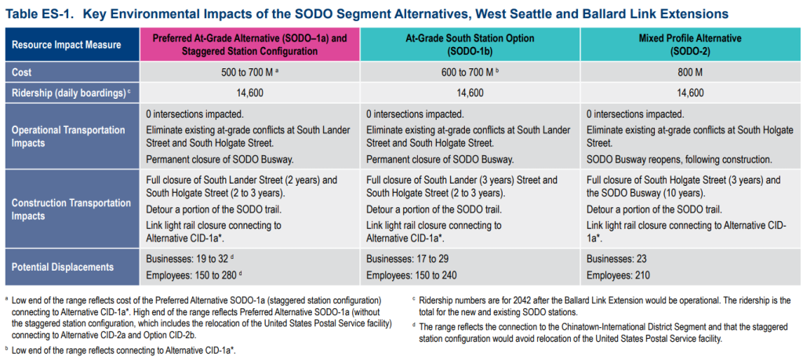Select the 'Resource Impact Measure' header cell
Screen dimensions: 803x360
[x=72, y=45]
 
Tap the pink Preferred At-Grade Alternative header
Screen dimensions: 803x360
[x=250, y=45]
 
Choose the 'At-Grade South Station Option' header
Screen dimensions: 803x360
[x=470, y=45]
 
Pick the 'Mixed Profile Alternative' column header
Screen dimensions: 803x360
[x=689, y=45]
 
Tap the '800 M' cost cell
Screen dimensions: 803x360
[x=689, y=73]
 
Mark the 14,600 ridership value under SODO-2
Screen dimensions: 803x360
[x=689, y=93]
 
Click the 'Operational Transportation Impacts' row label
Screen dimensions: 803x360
[x=68, y=136]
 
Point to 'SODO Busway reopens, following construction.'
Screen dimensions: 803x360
[x=679, y=159]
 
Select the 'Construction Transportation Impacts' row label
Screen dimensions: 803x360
[x=71, y=209]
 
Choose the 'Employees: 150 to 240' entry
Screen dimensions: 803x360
[x=411, y=275]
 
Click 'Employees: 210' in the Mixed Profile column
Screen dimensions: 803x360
[x=618, y=275]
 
